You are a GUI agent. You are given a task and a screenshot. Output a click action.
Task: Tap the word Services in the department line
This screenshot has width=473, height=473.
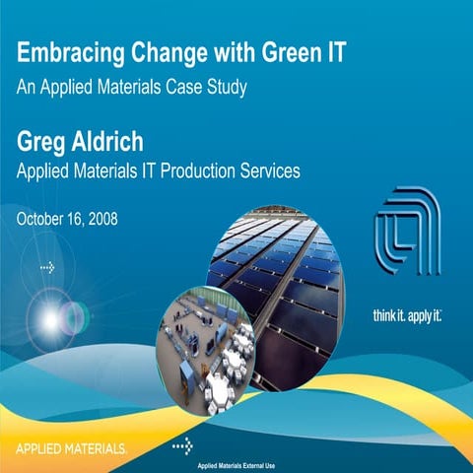268,170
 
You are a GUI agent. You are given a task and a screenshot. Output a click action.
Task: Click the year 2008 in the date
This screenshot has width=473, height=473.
100,218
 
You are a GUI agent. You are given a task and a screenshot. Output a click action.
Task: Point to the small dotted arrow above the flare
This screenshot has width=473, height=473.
46,267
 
